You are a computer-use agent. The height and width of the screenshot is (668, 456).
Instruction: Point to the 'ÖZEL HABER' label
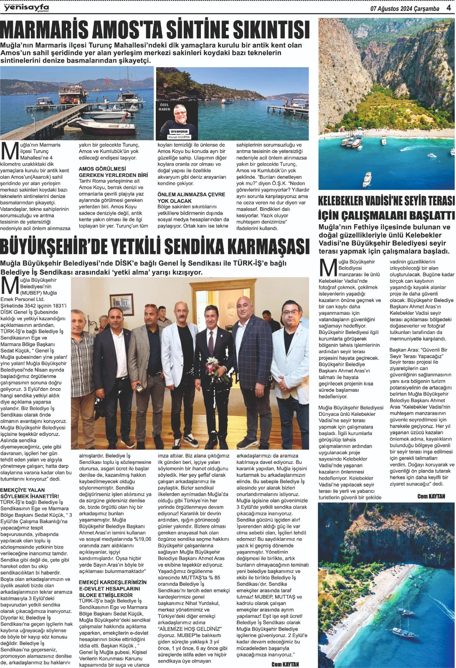(x=165, y=107)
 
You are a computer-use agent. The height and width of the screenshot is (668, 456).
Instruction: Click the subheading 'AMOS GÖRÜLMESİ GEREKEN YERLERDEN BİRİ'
(x=113, y=172)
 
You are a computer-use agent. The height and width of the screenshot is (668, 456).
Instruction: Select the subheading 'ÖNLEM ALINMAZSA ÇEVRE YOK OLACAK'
(x=191, y=197)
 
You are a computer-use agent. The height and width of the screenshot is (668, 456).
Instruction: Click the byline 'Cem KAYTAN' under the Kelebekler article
(x=431, y=496)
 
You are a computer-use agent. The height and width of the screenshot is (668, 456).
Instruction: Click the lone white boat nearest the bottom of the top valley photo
(x=367, y=179)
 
